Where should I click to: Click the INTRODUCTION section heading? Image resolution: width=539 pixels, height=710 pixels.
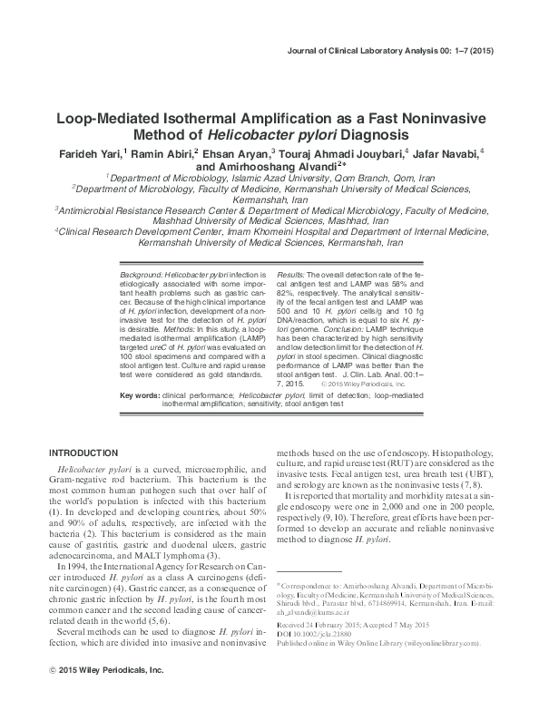coord(83,452)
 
